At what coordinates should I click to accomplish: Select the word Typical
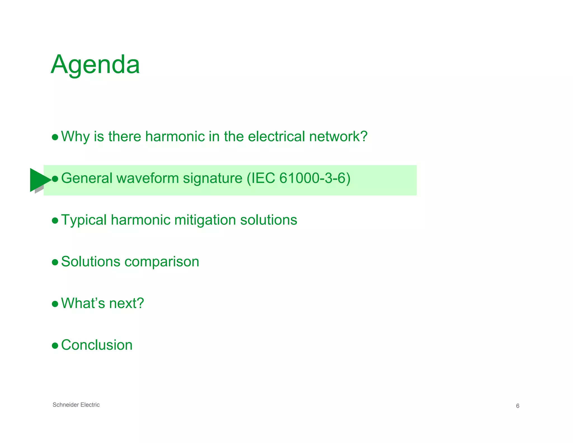[84, 220]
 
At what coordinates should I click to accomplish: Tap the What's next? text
[102, 303]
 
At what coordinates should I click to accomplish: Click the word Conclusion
[97, 345]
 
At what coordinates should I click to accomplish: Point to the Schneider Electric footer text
[76, 405]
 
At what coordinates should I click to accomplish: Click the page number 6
[517, 406]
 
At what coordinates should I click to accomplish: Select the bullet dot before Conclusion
[55, 346]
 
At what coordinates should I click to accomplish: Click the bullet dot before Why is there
[55, 137]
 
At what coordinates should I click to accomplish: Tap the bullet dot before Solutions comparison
[55, 263]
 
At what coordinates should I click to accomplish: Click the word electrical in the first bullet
[276, 137]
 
